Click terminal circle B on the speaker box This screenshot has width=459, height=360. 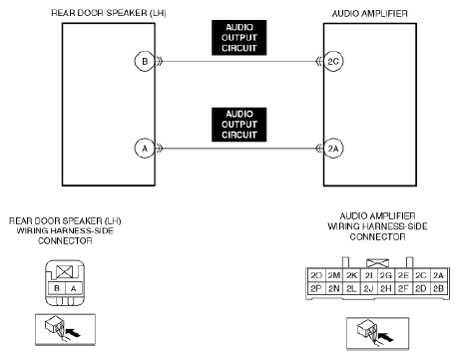pos(145,62)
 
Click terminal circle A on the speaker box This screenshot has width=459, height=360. pos(145,149)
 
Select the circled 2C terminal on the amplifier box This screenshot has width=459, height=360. pos(333,62)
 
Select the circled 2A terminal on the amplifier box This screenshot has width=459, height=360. pos(333,149)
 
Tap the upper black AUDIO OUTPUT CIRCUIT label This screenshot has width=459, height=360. pos(239,38)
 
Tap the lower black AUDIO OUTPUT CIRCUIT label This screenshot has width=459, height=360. pos(239,125)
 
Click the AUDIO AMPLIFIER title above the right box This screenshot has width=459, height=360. pos(370,13)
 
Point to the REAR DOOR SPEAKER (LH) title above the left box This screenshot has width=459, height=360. pos(109,13)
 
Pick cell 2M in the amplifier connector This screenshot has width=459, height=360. pos(334,275)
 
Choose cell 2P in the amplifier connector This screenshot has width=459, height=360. pos(316,288)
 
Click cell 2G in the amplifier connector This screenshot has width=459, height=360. pos(386,275)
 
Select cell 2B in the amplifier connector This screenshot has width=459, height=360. pos(438,288)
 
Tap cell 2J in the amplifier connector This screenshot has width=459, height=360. pos(368,288)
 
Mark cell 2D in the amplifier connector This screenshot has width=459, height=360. pos(421,288)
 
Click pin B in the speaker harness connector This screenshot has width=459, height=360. pos(57,288)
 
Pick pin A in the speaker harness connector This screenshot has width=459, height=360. pos(74,288)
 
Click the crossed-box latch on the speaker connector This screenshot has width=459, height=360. pos(64,272)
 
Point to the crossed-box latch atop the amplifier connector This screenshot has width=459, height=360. pos(377,263)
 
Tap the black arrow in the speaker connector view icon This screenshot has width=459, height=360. pos(74,332)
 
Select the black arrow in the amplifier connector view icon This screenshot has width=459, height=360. pos(386,337)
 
